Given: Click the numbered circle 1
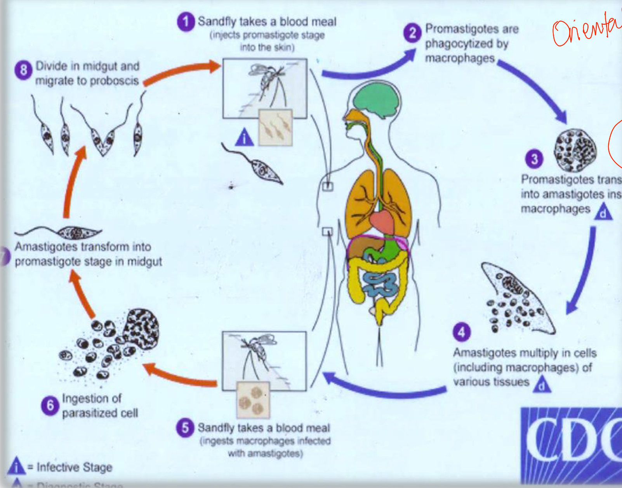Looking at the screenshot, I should (186, 22).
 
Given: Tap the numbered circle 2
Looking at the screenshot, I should (412, 33).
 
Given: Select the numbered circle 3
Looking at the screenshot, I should (535, 159).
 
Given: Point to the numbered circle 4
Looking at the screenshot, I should (462, 332).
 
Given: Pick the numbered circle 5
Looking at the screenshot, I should (185, 428).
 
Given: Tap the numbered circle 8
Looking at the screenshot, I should (23, 70).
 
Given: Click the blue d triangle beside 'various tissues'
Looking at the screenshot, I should (543, 385).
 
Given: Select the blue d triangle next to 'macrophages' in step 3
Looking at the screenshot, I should (603, 212).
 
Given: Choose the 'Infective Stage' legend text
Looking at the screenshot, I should (74, 467).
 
